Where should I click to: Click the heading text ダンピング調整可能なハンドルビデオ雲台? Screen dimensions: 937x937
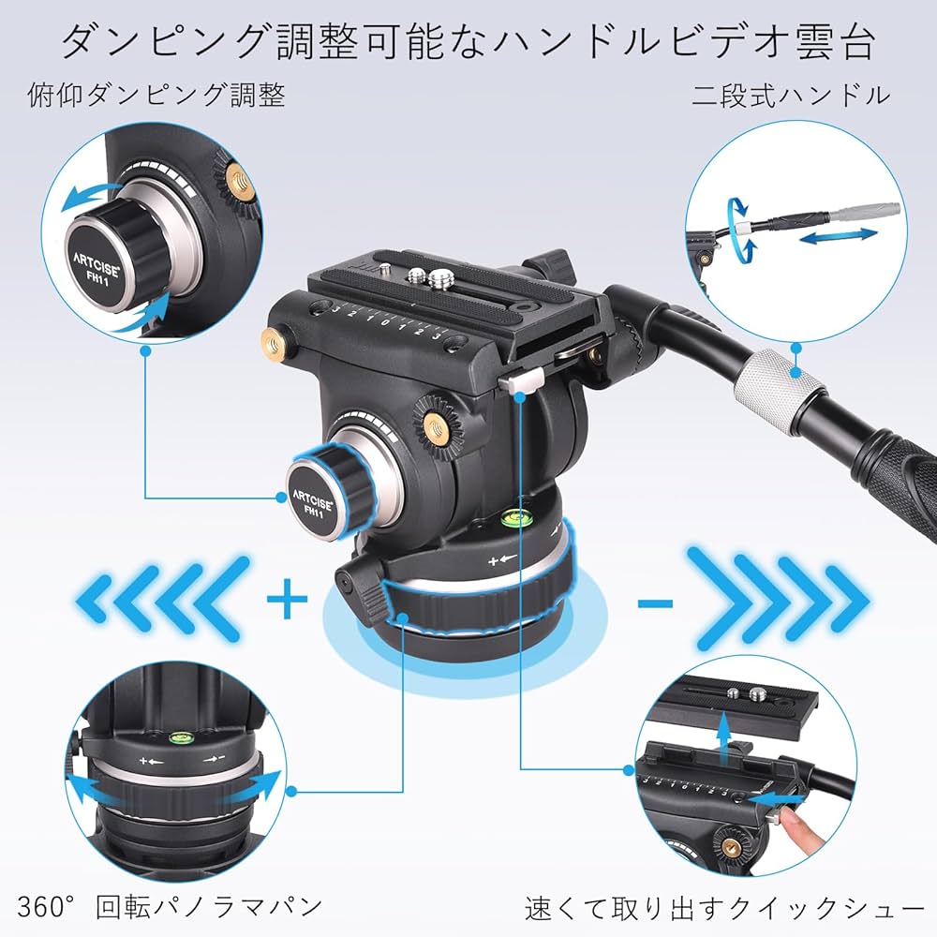tap(468, 42)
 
